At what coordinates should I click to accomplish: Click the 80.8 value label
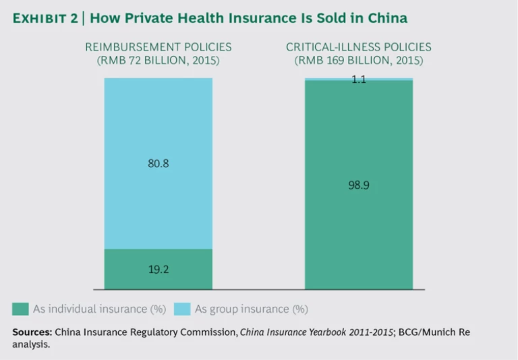(x=158, y=164)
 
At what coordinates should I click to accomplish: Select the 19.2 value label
(x=158, y=269)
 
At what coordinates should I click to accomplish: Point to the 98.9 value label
(x=358, y=185)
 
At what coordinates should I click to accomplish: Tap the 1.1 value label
(x=358, y=80)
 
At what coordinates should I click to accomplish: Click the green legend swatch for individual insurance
(x=20, y=309)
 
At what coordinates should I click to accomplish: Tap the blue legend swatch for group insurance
(x=182, y=309)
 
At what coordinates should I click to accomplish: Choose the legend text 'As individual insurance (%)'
(x=99, y=309)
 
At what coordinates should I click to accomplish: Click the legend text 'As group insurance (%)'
(x=251, y=309)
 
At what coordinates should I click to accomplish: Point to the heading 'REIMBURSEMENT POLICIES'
(x=158, y=47)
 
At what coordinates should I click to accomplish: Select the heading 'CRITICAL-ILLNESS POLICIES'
(x=358, y=47)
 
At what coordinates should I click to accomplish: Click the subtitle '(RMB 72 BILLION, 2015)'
(x=158, y=61)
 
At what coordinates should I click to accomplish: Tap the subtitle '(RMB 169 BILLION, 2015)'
(x=358, y=61)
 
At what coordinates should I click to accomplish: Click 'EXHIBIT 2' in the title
(x=44, y=18)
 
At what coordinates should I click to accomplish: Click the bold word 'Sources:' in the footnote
(x=32, y=332)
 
